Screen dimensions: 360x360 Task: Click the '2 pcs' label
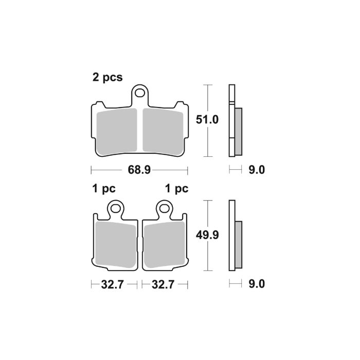tap(107, 78)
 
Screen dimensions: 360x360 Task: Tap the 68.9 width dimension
tap(139, 170)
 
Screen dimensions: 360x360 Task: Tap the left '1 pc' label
tap(103, 189)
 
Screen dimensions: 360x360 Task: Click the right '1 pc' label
tap(176, 189)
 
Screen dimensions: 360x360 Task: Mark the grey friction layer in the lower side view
tap(238, 246)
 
